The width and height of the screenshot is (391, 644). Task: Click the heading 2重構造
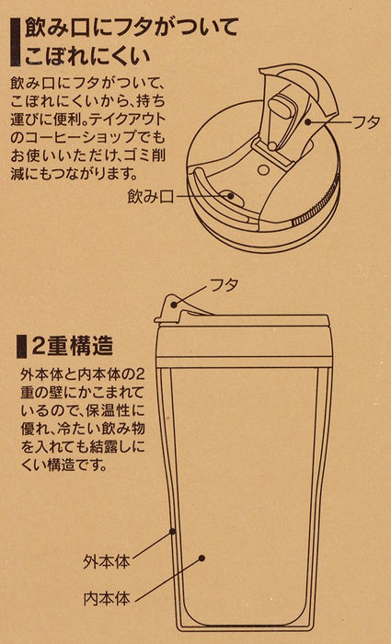(72, 347)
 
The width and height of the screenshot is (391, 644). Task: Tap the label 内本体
(106, 599)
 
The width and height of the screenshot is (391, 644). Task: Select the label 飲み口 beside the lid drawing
(151, 198)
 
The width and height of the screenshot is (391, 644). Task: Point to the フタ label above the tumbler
(224, 284)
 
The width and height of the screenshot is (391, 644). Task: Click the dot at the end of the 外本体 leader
(173, 532)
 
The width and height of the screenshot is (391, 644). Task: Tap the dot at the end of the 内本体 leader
(201, 558)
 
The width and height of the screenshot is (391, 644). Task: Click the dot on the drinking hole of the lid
(231, 196)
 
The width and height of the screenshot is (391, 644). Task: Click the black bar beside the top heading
(16, 42)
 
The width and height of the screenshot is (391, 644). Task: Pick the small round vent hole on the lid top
(261, 169)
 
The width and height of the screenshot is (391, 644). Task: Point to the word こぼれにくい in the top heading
(87, 57)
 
